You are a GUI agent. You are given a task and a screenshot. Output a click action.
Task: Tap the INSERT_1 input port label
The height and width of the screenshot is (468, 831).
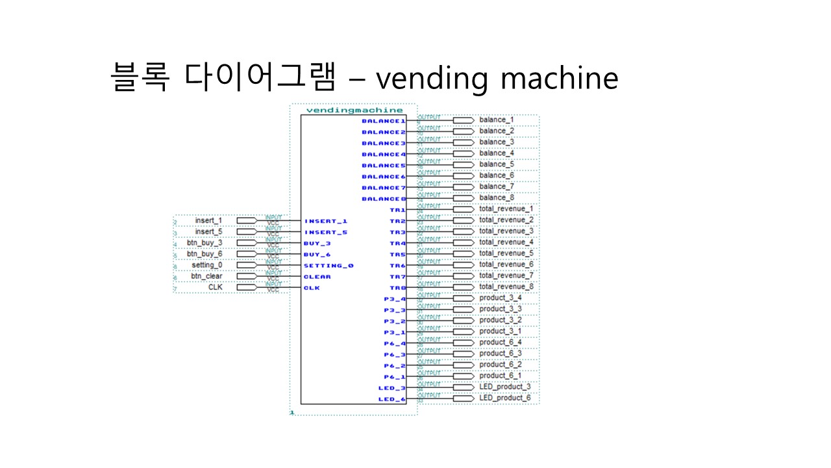(x=326, y=221)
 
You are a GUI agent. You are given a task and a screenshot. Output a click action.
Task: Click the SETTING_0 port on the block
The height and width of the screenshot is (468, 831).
(x=329, y=266)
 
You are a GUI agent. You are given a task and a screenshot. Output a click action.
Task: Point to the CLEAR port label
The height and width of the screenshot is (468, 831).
(x=317, y=277)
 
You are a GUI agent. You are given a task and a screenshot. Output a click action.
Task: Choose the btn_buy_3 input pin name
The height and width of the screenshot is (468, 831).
(x=205, y=243)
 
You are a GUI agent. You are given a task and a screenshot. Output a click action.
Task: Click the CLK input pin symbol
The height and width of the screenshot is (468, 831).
(x=247, y=287)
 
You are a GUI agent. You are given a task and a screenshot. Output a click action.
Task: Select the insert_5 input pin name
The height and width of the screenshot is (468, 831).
(x=208, y=232)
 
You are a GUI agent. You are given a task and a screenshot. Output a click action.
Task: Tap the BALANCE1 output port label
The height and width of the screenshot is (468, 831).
(x=383, y=121)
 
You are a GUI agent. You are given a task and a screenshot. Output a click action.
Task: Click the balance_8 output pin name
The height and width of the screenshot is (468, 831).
(x=497, y=198)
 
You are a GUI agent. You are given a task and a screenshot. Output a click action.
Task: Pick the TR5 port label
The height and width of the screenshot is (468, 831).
(x=397, y=254)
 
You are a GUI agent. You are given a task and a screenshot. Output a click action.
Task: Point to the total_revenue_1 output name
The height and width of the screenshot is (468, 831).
(x=506, y=209)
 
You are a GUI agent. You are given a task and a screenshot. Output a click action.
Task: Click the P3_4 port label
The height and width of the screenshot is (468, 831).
(x=395, y=299)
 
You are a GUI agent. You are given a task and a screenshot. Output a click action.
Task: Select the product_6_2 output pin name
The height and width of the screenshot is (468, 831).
(x=501, y=365)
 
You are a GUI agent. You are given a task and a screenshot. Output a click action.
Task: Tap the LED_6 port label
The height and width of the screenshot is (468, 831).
(x=392, y=399)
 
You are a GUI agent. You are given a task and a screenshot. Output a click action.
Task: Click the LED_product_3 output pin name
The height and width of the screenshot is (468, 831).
(x=505, y=387)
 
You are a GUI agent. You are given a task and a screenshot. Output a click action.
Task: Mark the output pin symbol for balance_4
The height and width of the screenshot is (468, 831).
(x=463, y=154)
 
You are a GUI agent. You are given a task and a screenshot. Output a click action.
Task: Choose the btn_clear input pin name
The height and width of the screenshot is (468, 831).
(x=206, y=276)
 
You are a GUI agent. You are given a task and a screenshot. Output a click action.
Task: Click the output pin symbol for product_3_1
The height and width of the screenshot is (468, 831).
(x=463, y=331)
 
